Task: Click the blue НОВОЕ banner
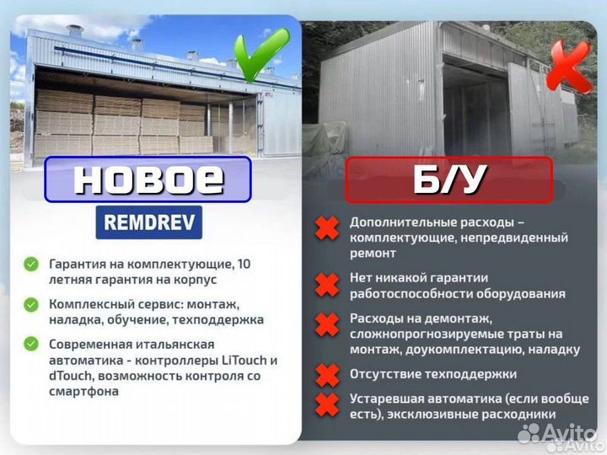click(x=148, y=179)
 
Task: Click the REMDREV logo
click(x=148, y=222)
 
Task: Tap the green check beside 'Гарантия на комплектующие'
click(x=31, y=265)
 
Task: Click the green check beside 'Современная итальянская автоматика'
click(x=31, y=344)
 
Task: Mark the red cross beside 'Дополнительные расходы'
click(x=327, y=227)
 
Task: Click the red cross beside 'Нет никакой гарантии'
click(x=327, y=285)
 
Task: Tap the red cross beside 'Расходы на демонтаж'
click(x=327, y=324)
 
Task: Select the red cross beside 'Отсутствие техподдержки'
click(x=327, y=373)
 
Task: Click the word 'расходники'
click(x=524, y=414)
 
